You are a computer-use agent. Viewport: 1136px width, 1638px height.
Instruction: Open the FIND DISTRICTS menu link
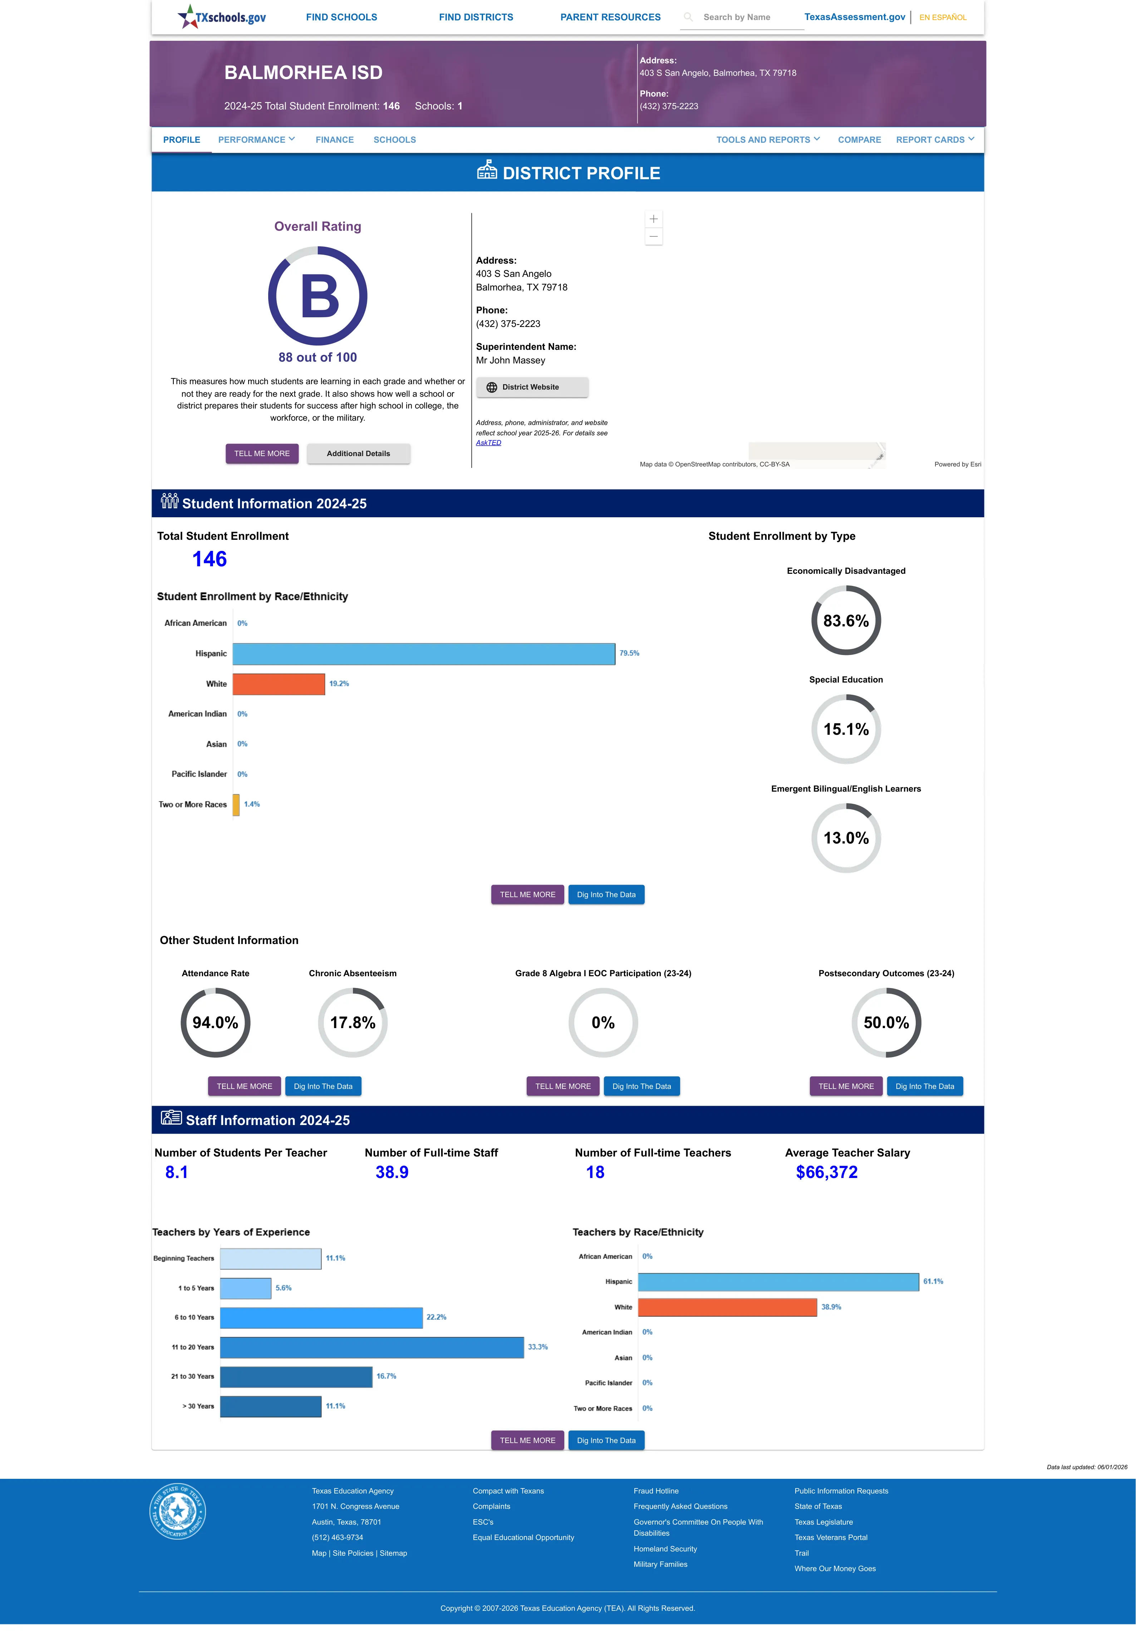(x=476, y=17)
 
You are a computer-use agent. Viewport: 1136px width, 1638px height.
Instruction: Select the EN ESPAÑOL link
(x=943, y=17)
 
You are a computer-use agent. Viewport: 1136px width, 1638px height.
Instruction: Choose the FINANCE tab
(x=335, y=140)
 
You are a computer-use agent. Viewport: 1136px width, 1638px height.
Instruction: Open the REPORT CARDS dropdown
(x=935, y=140)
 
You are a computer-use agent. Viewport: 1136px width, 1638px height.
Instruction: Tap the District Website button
(x=532, y=387)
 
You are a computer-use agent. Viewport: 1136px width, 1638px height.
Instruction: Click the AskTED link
(x=488, y=443)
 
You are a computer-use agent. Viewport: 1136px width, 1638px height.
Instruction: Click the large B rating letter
(x=320, y=296)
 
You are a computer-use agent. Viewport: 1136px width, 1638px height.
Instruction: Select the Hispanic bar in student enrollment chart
(x=423, y=654)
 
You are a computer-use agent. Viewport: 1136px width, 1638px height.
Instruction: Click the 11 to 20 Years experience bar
(x=372, y=1347)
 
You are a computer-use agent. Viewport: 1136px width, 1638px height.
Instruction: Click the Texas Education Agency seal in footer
(x=178, y=1511)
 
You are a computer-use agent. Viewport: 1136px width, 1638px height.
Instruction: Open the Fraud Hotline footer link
(x=655, y=1491)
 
